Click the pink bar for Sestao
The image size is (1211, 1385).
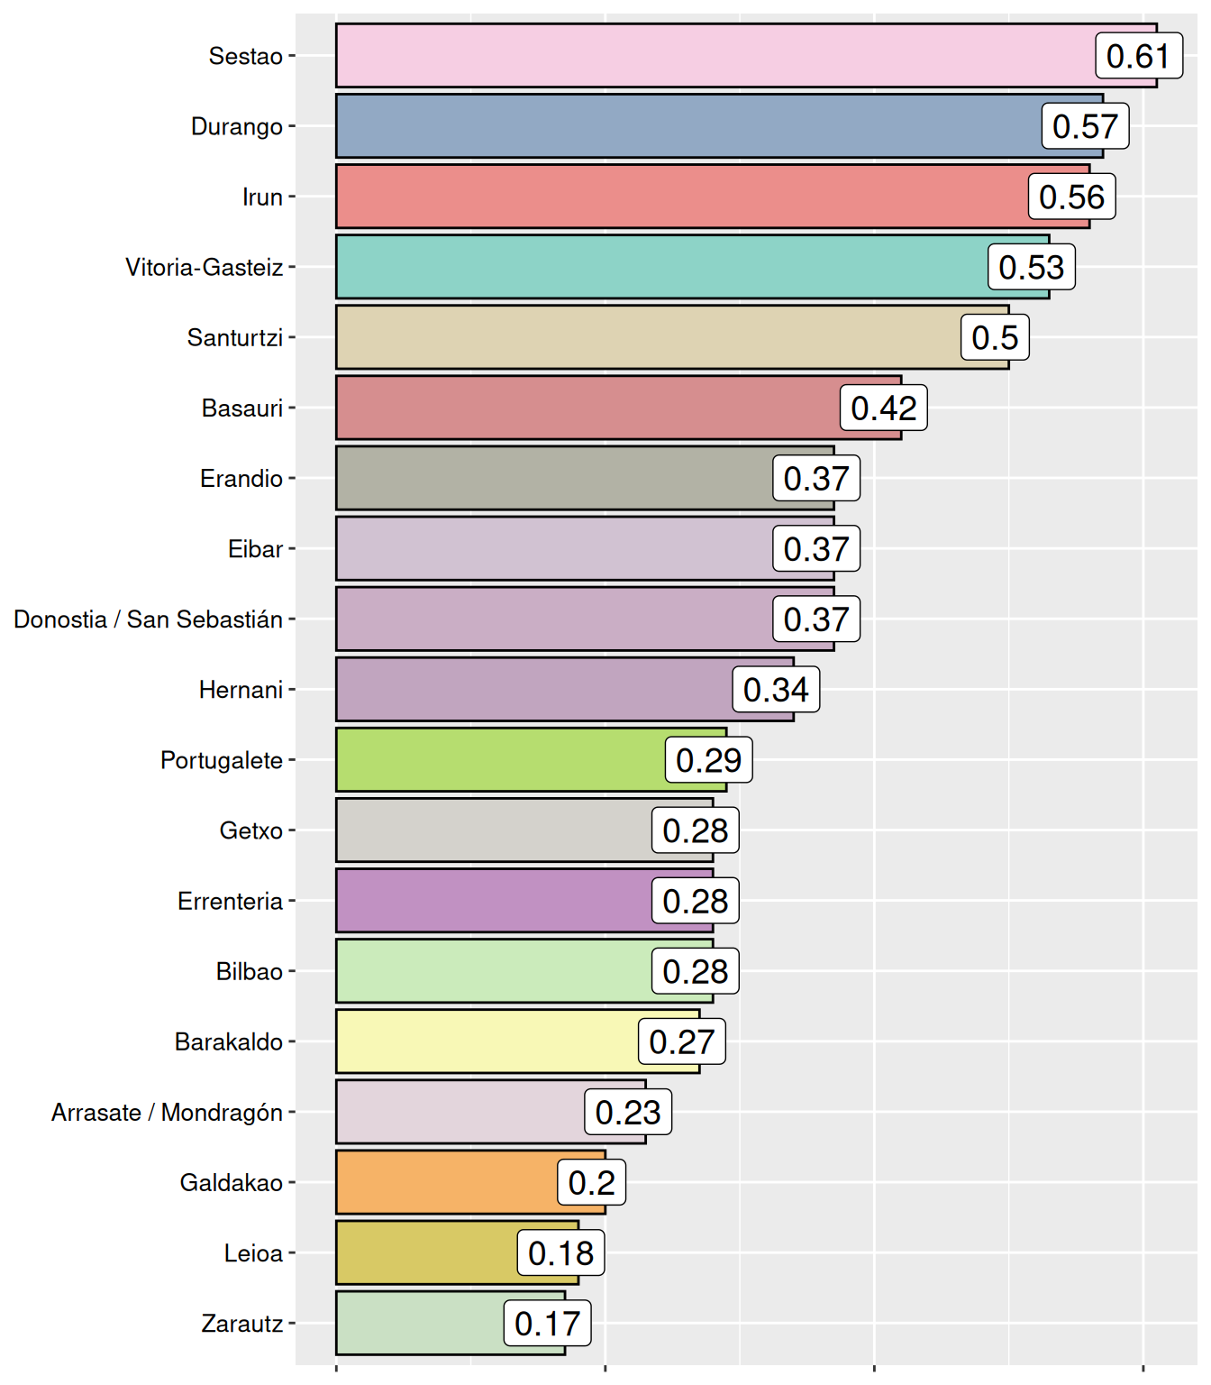712,56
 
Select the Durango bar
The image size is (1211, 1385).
685,126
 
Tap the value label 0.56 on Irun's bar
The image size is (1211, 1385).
1071,197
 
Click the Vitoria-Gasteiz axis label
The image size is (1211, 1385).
205,267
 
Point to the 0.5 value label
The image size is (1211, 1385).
995,337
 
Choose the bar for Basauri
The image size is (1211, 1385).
586,408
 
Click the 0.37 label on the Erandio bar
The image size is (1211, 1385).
815,478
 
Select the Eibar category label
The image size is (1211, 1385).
255,548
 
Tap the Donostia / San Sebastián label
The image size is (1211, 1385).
149,619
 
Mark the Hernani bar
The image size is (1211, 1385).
532,690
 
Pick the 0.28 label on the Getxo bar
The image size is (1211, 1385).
695,830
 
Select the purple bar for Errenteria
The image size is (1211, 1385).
491,901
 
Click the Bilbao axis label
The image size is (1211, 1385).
250,971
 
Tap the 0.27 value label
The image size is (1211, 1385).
681,1041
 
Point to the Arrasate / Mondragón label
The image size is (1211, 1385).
168,1112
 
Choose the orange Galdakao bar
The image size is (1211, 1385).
446,1182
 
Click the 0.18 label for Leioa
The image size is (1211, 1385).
560,1252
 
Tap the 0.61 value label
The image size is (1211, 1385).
1138,56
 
